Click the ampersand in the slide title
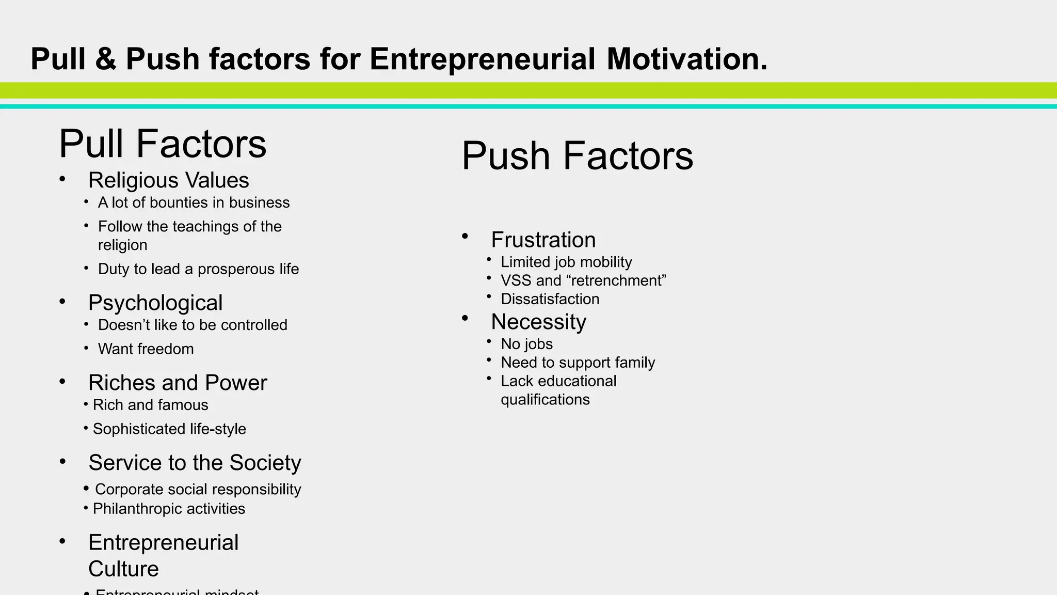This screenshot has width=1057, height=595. pos(105,59)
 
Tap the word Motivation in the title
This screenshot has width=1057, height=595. pos(686,59)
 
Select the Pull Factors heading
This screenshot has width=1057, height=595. pos(163,144)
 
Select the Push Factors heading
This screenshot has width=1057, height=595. pos(577,155)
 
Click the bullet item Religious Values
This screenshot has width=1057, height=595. pos(168,180)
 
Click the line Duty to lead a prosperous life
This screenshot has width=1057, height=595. pos(198,269)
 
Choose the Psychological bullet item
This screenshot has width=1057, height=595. pos(155,303)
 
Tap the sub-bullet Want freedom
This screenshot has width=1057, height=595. pos(146,349)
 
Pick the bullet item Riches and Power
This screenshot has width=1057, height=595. pos(178,383)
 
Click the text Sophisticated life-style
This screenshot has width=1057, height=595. pos(169,429)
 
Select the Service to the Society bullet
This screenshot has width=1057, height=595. pos(195,463)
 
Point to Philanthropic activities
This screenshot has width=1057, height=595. pos(169,509)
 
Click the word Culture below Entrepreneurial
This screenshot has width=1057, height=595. pos(123,569)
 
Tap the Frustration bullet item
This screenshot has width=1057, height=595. pos(543,240)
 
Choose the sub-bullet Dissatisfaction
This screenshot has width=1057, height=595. pos(550,299)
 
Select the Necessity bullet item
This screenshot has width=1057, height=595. pos(538,322)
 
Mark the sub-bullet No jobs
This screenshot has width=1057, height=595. pos(526,344)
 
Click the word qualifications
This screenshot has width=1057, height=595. pos(545,400)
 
